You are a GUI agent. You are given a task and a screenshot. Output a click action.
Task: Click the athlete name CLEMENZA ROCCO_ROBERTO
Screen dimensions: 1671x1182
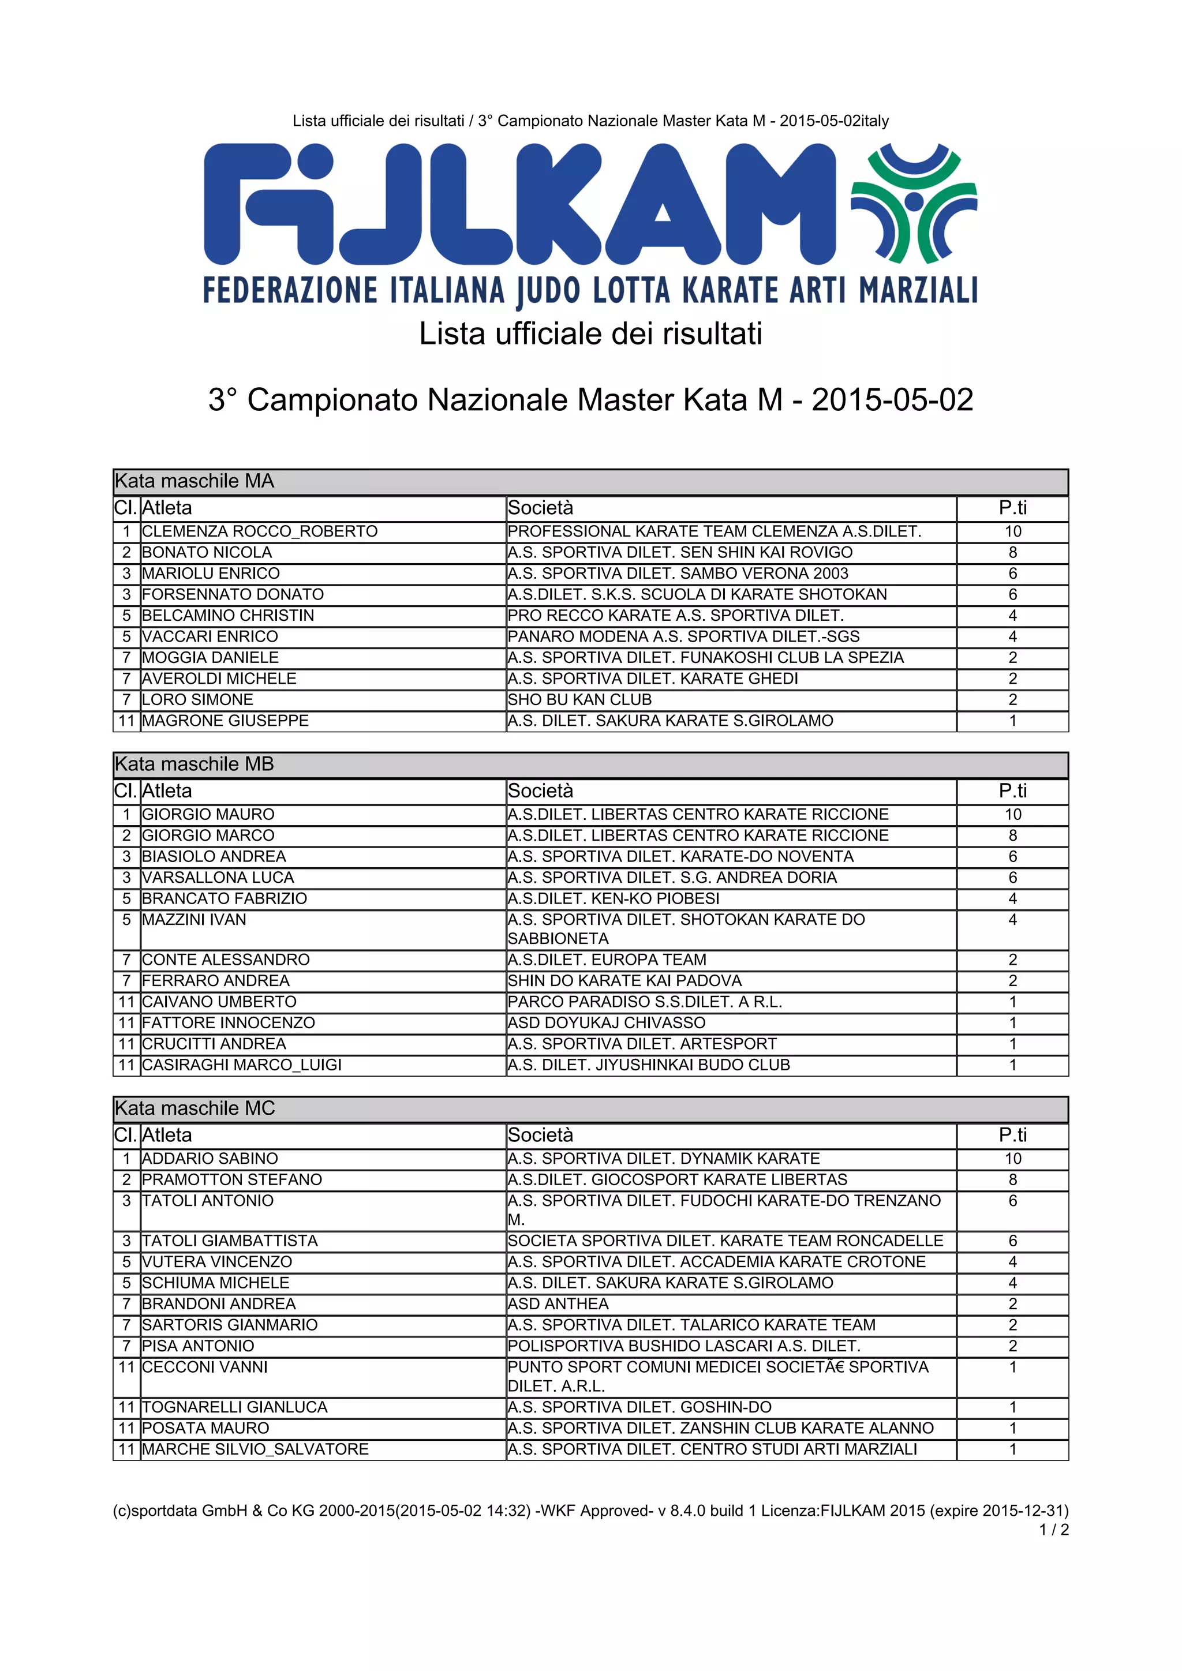pyautogui.click(x=260, y=531)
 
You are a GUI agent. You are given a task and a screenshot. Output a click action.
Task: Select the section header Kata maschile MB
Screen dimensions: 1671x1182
pyautogui.click(x=194, y=764)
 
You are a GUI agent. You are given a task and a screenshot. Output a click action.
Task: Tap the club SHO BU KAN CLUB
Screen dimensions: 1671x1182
pyautogui.click(x=579, y=699)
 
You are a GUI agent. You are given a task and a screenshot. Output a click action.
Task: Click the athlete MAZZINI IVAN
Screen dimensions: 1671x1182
pyautogui.click(x=194, y=920)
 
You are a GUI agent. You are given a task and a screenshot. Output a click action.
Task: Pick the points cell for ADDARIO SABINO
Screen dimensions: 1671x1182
pyautogui.click(x=1012, y=1159)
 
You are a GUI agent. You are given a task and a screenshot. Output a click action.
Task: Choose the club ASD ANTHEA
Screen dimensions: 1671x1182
pyautogui.click(x=558, y=1304)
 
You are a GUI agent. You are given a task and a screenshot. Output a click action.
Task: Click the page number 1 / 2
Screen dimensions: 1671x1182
pyautogui.click(x=1054, y=1530)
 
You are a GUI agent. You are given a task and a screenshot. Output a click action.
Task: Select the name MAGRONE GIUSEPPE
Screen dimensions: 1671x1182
pyautogui.click(x=225, y=721)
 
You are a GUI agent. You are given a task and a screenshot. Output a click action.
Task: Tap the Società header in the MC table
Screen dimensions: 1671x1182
pyautogui.click(x=540, y=1136)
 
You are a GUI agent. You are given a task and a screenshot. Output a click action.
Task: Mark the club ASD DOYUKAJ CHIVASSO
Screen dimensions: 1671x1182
pyautogui.click(x=606, y=1022)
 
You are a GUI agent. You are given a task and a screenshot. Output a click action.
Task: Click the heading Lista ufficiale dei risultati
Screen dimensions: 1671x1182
pyautogui.click(x=590, y=334)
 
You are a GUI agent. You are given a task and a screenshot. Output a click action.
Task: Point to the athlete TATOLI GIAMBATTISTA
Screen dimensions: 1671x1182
pyautogui.click(x=230, y=1241)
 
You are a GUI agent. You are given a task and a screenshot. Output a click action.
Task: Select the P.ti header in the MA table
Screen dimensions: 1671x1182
pyautogui.click(x=1012, y=508)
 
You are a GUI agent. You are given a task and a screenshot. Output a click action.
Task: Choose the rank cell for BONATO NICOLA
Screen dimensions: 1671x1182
pyautogui.click(x=126, y=552)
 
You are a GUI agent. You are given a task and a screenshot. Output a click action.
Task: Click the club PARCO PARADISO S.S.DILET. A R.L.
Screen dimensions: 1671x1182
pyautogui.click(x=645, y=1002)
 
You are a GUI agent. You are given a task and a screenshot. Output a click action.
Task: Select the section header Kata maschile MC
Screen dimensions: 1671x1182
pyautogui.click(x=195, y=1108)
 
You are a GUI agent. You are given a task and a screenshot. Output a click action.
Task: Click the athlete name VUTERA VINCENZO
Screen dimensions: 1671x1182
pyautogui.click(x=217, y=1262)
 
